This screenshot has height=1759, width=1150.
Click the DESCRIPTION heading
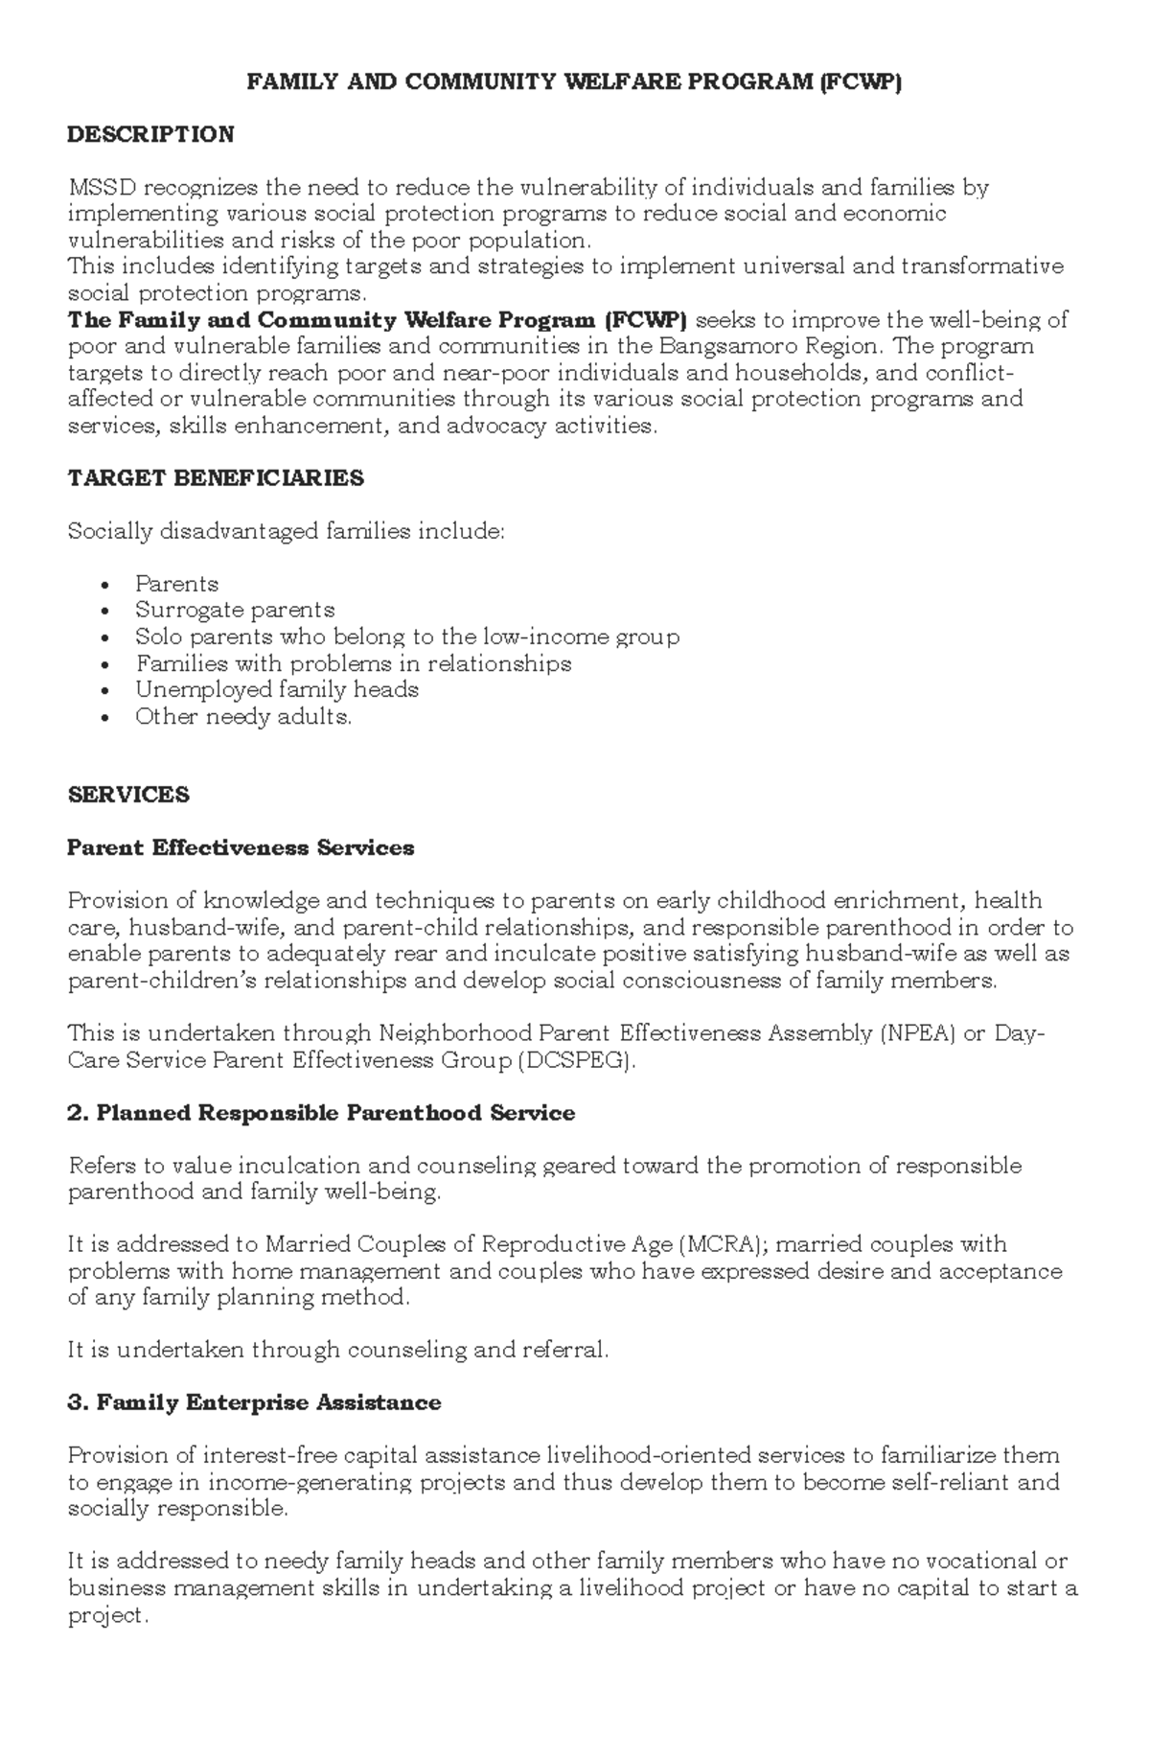coord(150,134)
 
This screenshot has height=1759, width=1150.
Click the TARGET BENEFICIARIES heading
coord(216,478)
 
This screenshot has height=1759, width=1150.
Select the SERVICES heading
coord(128,795)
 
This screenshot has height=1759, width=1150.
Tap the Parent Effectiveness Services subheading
coord(241,847)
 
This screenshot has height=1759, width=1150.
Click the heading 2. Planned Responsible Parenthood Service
coord(322,1113)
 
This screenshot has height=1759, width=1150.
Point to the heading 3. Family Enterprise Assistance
coord(255,1402)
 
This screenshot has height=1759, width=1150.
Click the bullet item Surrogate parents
coord(235,610)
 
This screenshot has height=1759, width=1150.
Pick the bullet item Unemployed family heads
coord(277,689)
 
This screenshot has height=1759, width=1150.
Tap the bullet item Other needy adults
coord(243,716)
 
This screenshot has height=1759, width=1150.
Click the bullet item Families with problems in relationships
coord(354,663)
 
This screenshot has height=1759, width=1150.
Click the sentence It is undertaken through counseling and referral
coord(338,1350)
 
